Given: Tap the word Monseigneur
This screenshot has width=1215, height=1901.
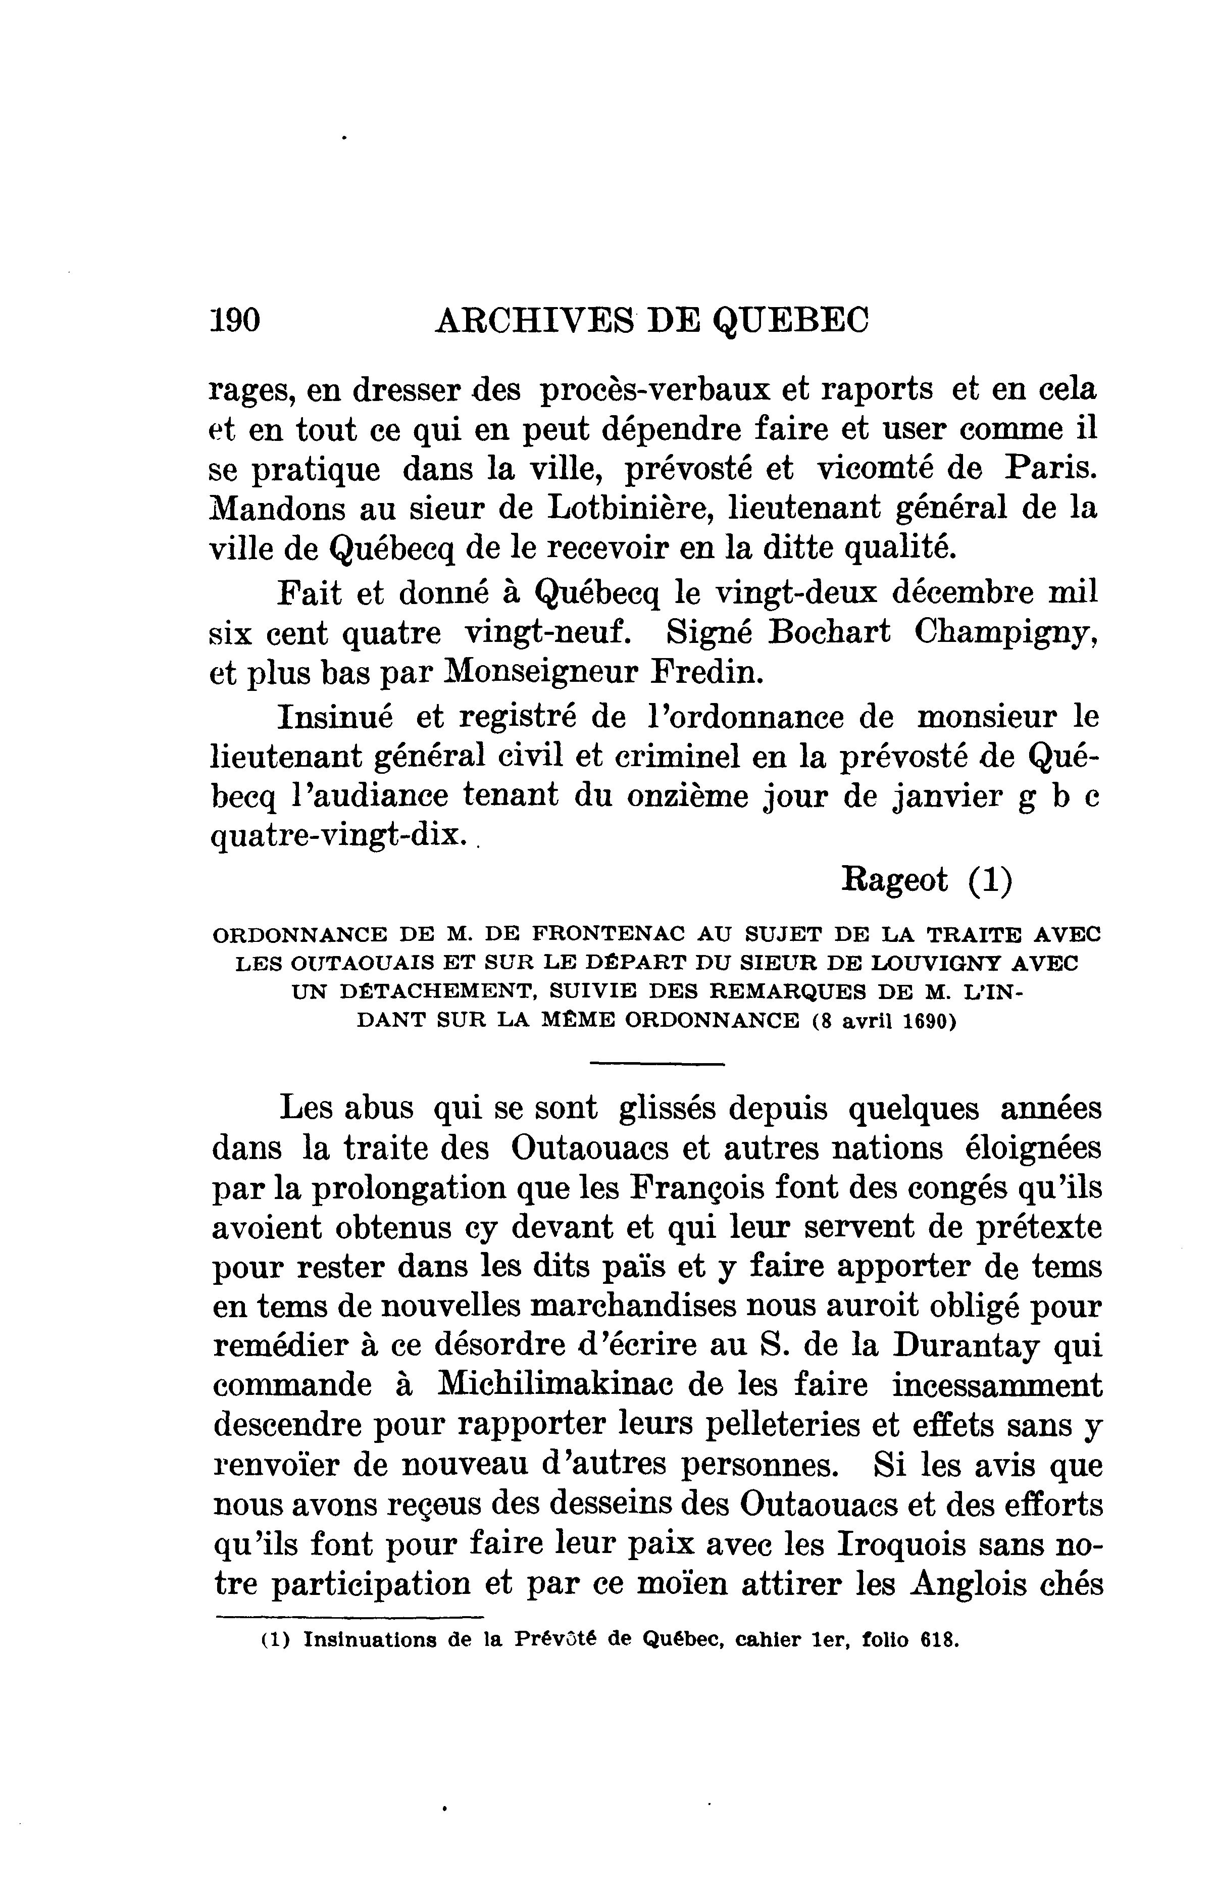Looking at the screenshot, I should [x=534, y=673].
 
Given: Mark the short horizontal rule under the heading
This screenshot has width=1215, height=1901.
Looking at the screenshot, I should [x=657, y=1065].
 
